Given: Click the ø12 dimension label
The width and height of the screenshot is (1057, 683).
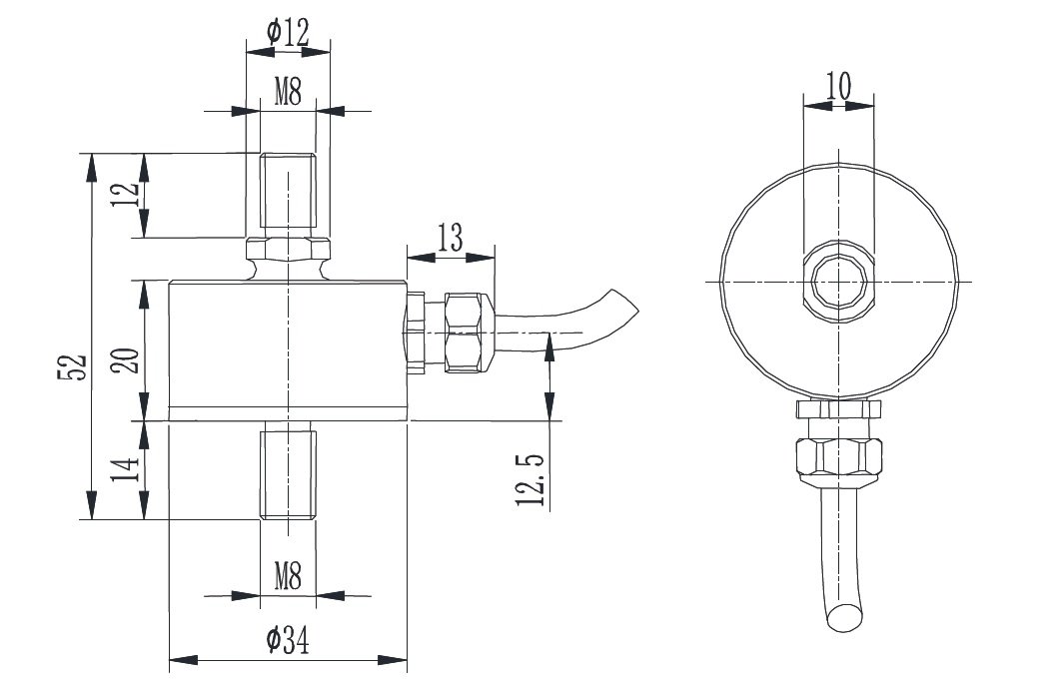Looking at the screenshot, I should coord(287,32).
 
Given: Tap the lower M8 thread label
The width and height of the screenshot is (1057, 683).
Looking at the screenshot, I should coord(288,576).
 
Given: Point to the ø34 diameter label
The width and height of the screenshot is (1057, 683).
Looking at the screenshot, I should coord(288,642).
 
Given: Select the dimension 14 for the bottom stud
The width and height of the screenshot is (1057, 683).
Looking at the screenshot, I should coord(124,469).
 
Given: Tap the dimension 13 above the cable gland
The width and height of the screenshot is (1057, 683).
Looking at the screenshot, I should coord(450,238).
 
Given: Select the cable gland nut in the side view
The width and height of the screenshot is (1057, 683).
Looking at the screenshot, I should coord(468,332).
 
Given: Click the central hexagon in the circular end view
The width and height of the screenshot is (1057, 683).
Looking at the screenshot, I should coord(839,283).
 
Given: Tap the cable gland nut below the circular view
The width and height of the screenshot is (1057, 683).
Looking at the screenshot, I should coord(839,458).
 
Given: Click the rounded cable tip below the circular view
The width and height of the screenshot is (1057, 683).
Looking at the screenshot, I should coord(845,619).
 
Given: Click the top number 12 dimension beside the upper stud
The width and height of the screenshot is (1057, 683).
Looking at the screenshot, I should coord(124,195).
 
